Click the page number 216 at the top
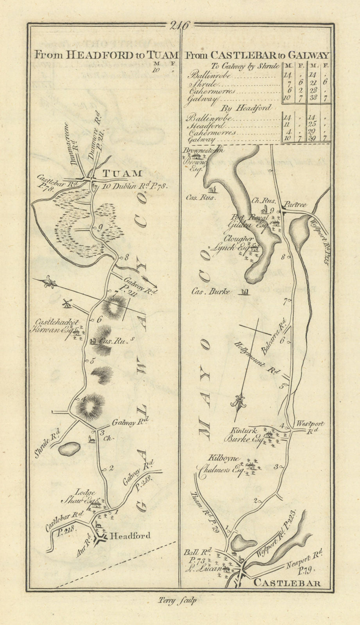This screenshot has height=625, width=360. point(180,26)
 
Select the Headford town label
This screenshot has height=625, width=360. point(131,536)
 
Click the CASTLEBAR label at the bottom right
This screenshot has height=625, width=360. point(288,583)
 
